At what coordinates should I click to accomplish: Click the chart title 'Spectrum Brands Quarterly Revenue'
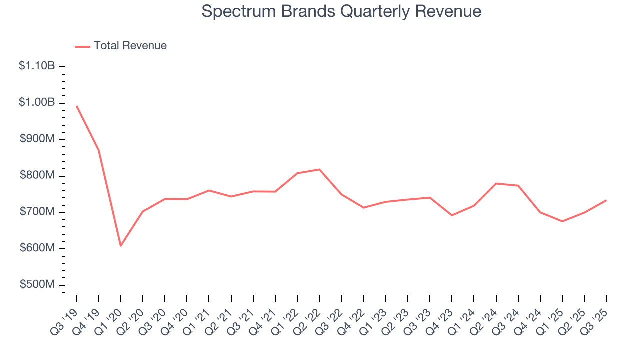coord(341,12)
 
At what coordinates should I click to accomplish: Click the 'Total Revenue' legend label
coord(130,46)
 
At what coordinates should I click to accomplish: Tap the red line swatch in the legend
coord(82,46)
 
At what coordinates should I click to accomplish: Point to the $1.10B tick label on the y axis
coord(37,66)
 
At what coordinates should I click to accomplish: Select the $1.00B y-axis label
coord(37,102)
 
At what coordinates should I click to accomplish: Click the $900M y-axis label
coord(37,139)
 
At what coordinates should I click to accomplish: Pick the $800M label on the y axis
coord(37,175)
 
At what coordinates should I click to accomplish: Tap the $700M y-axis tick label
coord(37,212)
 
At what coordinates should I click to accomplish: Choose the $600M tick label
coord(37,248)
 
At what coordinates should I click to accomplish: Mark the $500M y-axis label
coord(37,284)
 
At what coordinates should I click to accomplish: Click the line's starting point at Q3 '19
coord(76,106)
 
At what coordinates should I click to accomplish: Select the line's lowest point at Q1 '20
coord(120,246)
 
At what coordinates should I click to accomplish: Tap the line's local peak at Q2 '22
coord(319,169)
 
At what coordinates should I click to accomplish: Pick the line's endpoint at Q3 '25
coord(606,200)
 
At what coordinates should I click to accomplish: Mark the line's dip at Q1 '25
coord(562,221)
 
